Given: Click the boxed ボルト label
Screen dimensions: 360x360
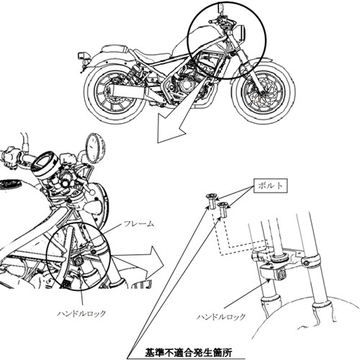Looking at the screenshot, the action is coord(270,186).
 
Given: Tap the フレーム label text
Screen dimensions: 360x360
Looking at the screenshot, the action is coord(138,224).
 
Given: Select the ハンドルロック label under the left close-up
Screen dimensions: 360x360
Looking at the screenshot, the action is coord(81,313).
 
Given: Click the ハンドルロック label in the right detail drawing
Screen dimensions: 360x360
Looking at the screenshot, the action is coord(221,317).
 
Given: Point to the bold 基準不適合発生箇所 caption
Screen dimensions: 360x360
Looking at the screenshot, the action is coord(189,353).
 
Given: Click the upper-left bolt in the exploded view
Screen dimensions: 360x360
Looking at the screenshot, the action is coord(212,202).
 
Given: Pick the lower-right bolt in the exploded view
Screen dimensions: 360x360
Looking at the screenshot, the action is coord(223,210).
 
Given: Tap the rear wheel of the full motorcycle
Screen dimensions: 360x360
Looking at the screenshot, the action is coord(114,93).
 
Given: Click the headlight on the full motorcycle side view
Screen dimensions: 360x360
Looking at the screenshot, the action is coord(242,33).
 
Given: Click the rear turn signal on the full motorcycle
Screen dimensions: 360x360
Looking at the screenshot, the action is coord(83,56).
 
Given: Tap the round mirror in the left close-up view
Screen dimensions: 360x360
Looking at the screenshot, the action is coord(95,148).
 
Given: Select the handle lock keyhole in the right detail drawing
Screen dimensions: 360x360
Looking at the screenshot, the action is coord(282,274).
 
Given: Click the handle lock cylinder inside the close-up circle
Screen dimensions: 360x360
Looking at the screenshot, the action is coord(78,261).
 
